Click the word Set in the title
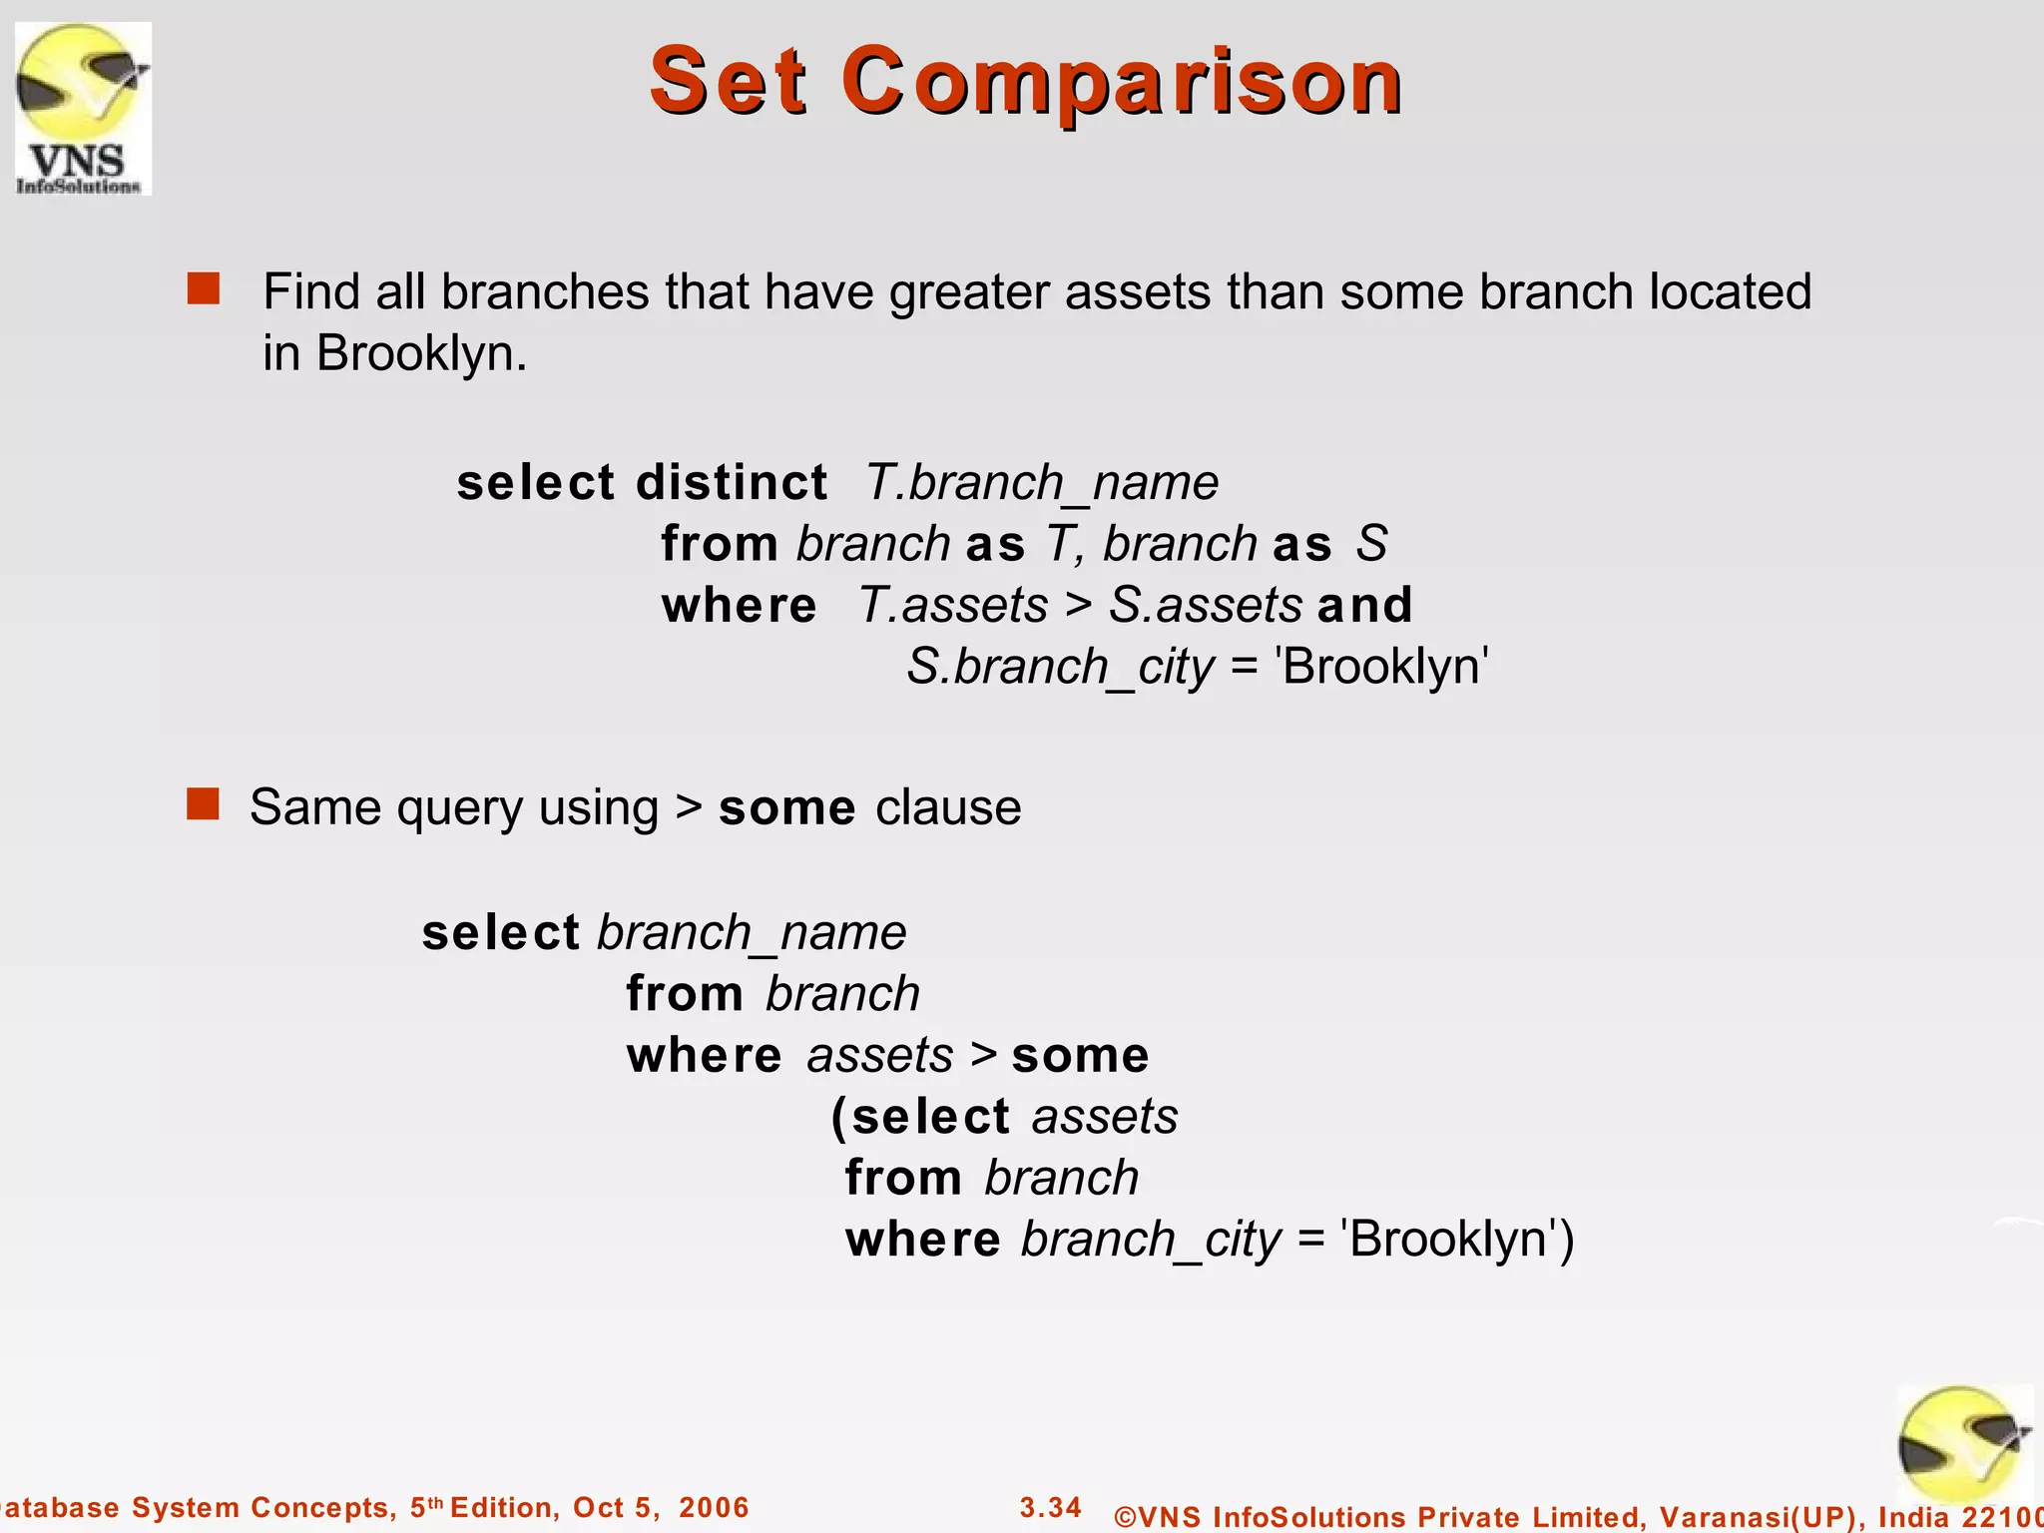coord(728,82)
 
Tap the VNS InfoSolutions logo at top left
coord(83,108)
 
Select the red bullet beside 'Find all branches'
coord(204,289)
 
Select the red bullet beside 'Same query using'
coord(203,803)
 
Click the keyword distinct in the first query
coord(732,483)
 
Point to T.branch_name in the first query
coord(1041,483)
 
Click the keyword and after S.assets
coord(1364,605)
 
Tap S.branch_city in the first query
coord(1060,667)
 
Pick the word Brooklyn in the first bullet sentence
coord(419,353)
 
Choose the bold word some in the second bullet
coord(786,807)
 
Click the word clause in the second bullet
coord(948,807)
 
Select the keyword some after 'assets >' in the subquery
coord(1080,1056)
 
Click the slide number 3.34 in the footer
coord(1050,1507)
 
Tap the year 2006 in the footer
coord(714,1507)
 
